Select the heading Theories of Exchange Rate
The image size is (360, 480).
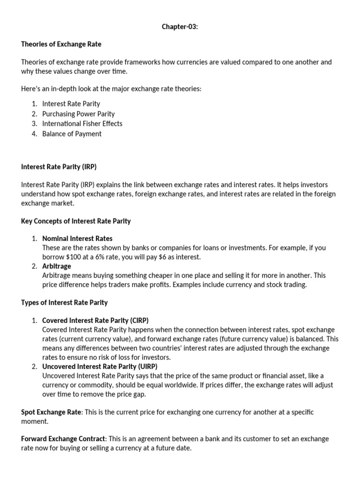[x=61, y=44]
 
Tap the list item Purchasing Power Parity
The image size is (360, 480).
[x=78, y=113]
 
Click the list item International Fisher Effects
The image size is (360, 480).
[x=82, y=124]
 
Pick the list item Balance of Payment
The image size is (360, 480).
[x=72, y=134]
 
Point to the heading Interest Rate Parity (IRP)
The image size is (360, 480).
[x=59, y=166]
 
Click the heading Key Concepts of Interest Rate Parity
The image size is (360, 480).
[x=76, y=221]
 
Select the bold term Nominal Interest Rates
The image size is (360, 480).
[x=77, y=238]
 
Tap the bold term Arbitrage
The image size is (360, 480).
[x=57, y=266]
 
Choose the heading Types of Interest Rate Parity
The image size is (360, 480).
[x=64, y=303]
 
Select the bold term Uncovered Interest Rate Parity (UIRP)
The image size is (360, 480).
[x=100, y=366]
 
